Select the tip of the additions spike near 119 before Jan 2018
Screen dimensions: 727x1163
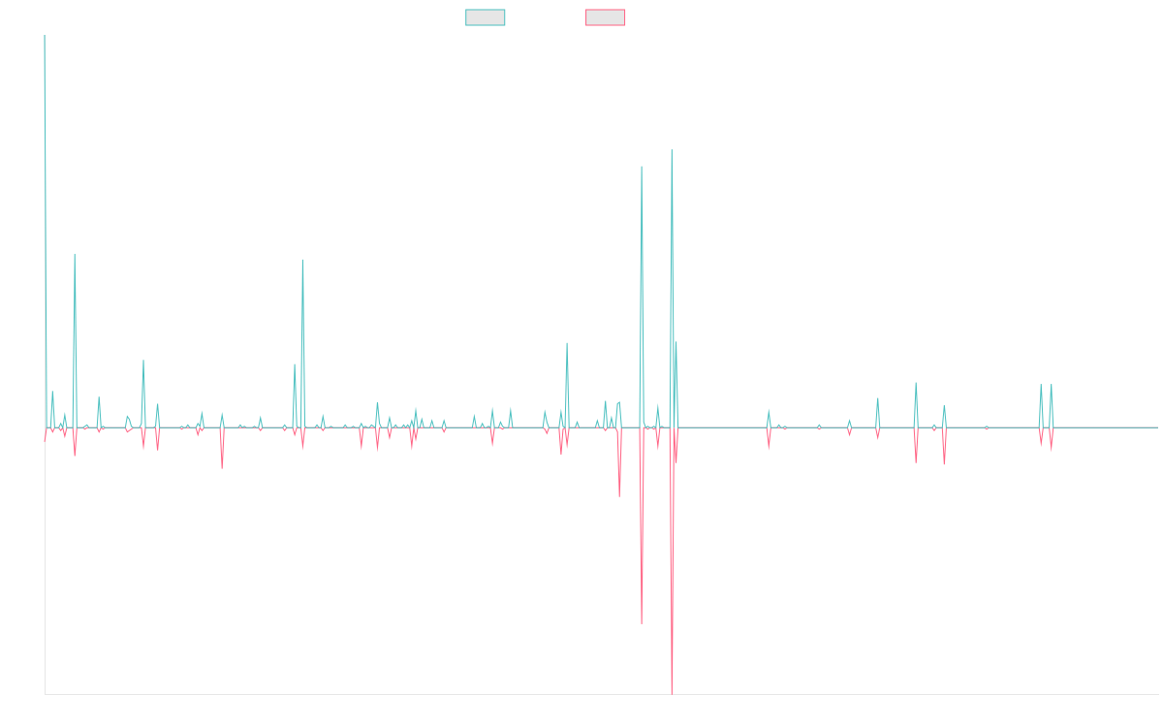click(302, 260)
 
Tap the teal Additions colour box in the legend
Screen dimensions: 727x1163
click(485, 17)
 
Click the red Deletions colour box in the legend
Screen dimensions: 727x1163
click(605, 17)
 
